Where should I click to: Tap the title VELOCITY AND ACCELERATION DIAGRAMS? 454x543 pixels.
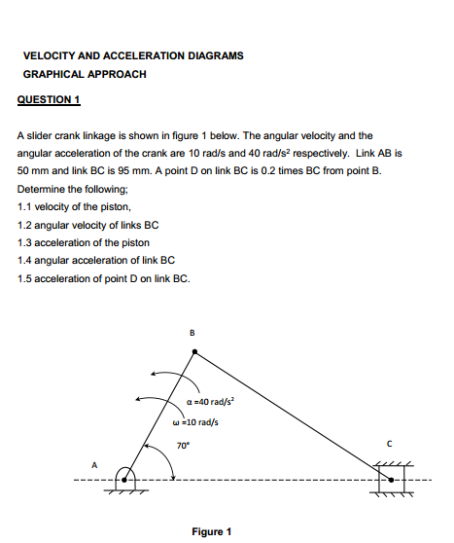point(133,55)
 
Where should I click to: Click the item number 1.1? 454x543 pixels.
point(26,206)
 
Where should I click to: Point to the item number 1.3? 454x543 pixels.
point(26,242)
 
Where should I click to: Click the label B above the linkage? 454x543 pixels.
point(192,334)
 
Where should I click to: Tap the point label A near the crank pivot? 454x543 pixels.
point(94,464)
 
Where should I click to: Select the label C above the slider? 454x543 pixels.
point(388,443)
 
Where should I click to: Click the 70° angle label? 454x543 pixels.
point(182,445)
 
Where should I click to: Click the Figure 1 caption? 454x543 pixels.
point(211,531)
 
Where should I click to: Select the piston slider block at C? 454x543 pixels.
point(387,478)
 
